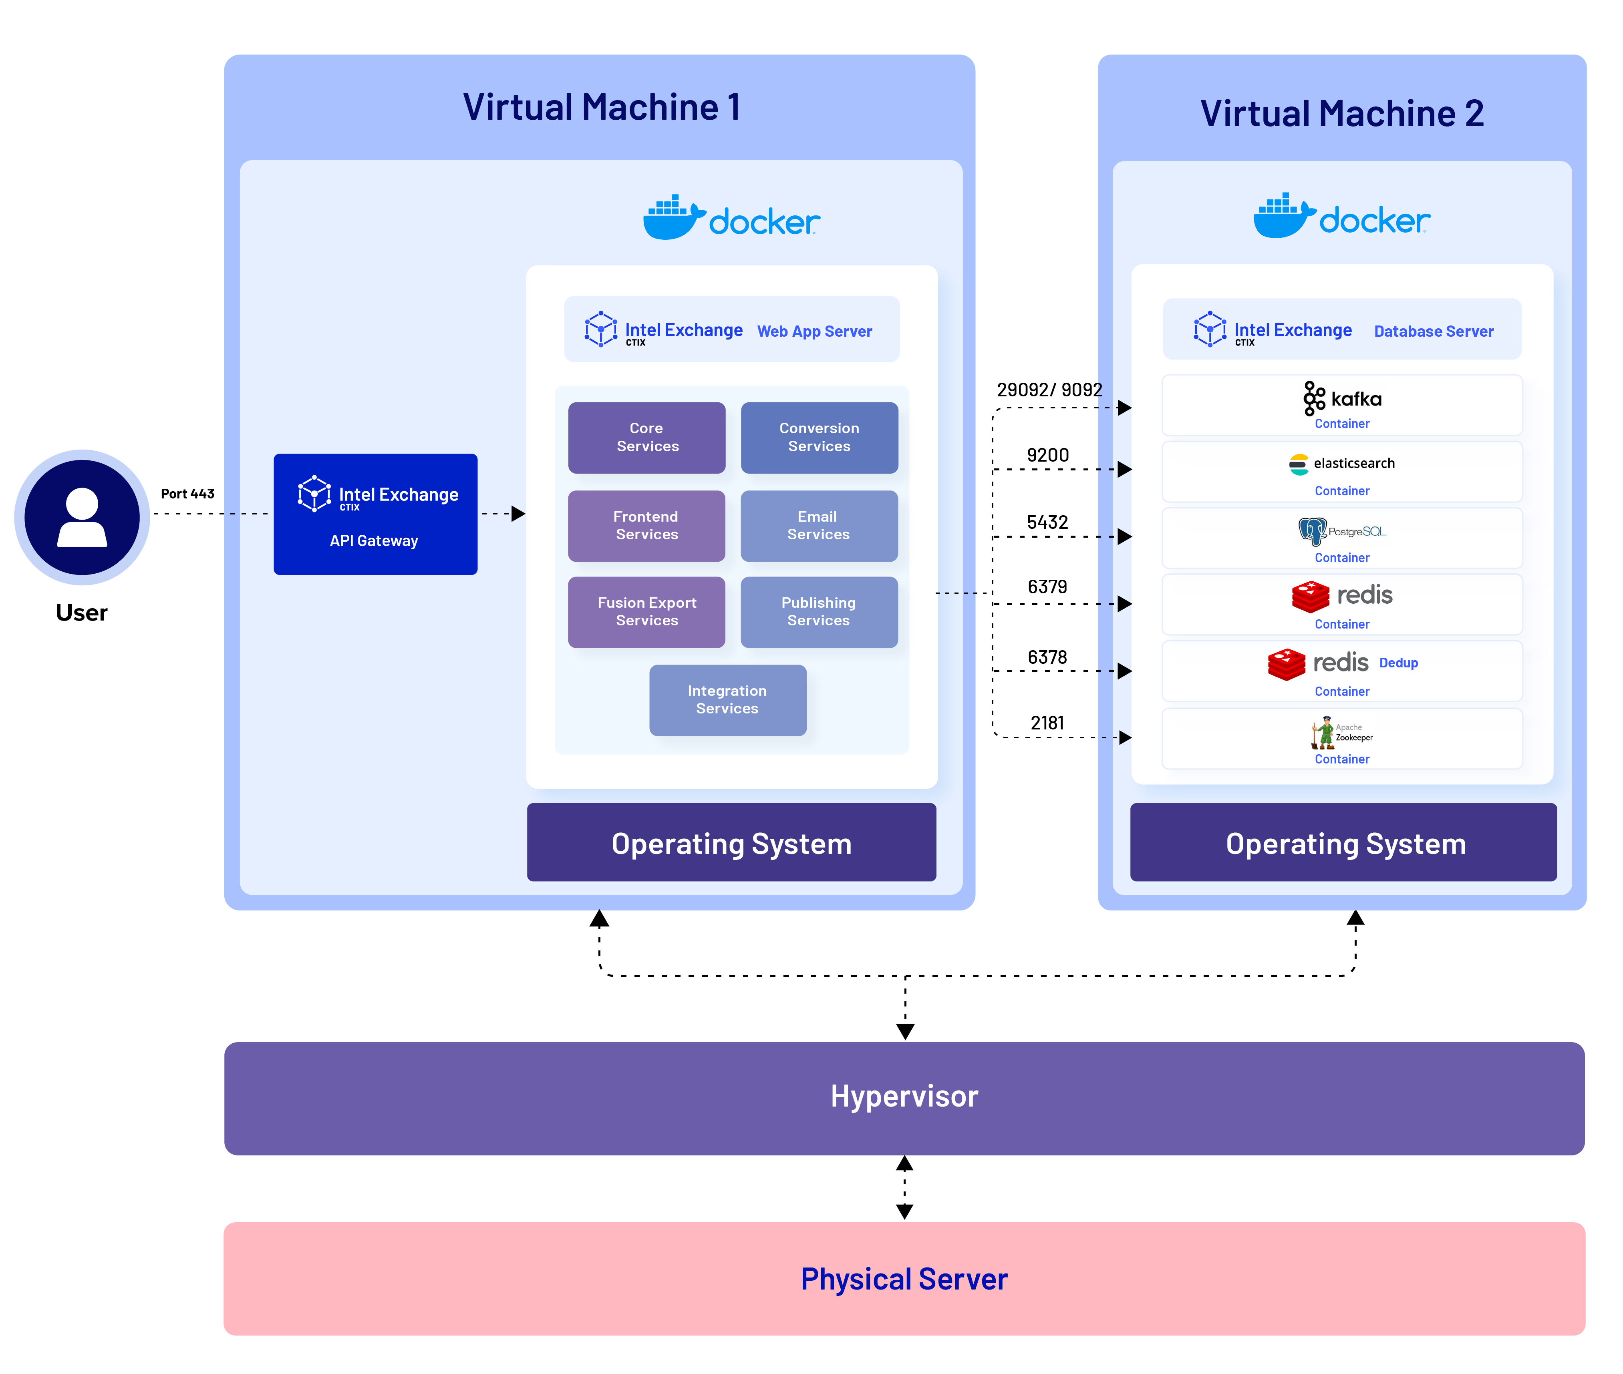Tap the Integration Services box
pos(727,699)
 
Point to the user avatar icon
pos(82,517)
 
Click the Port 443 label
pos(187,494)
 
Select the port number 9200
pos(1047,455)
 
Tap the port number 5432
pos(1047,522)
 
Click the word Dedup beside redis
pos(1398,663)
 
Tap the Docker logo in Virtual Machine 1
pos(731,218)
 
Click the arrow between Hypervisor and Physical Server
pos(904,1187)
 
